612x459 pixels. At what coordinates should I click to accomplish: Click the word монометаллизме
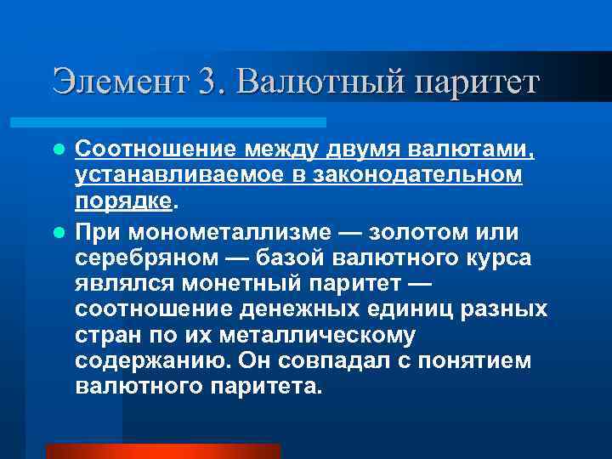(x=227, y=232)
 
